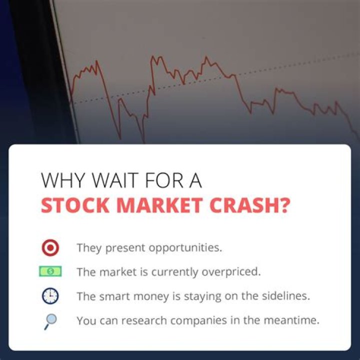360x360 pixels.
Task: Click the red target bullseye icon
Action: (x=50, y=247)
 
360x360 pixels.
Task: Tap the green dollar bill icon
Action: (x=50, y=271)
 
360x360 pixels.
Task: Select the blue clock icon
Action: (x=50, y=296)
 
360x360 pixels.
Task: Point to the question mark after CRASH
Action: (x=284, y=205)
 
